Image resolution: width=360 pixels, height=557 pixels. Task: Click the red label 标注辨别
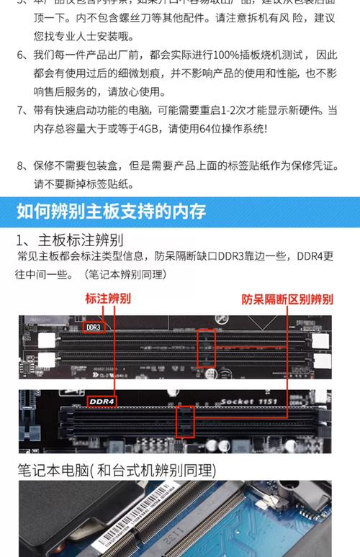108,297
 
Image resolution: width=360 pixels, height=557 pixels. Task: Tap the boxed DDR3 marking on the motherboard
94,327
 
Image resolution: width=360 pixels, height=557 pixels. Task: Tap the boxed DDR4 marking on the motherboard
102,400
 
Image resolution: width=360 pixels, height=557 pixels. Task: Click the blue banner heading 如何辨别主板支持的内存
111,211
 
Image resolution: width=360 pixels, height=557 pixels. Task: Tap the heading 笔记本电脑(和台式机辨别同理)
116,470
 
